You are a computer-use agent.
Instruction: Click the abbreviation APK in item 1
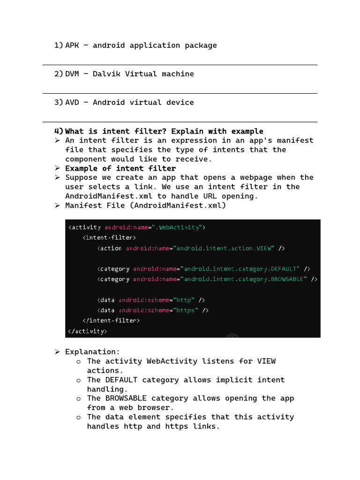pyautogui.click(x=72, y=45)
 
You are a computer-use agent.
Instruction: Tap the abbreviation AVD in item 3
pyautogui.click(x=72, y=103)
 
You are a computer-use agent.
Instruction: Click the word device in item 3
pyautogui.click(x=180, y=103)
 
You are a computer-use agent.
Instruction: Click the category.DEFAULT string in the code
pyautogui.click(x=241, y=269)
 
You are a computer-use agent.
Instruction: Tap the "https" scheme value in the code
pyautogui.click(x=186, y=310)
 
